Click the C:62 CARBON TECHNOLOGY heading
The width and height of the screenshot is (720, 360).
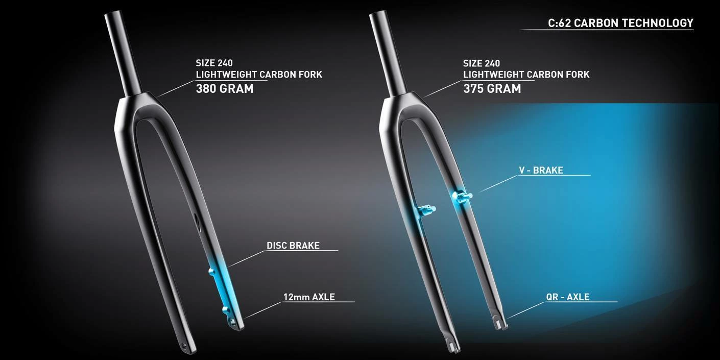620,23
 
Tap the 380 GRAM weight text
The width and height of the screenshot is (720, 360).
225,88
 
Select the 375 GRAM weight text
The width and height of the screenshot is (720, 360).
492,88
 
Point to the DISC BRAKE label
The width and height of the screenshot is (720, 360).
293,246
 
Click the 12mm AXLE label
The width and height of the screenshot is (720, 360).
309,297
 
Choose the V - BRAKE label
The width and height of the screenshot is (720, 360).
541,171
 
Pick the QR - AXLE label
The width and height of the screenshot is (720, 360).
567,297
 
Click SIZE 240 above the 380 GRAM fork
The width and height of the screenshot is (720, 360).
214,63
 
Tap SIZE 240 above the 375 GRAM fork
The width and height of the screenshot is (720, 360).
481,63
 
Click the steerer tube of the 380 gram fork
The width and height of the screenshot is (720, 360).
123,51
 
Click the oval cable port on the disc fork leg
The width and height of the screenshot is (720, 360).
197,221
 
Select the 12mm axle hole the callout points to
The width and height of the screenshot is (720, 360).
234,321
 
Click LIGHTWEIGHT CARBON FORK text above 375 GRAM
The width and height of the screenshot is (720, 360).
526,75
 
